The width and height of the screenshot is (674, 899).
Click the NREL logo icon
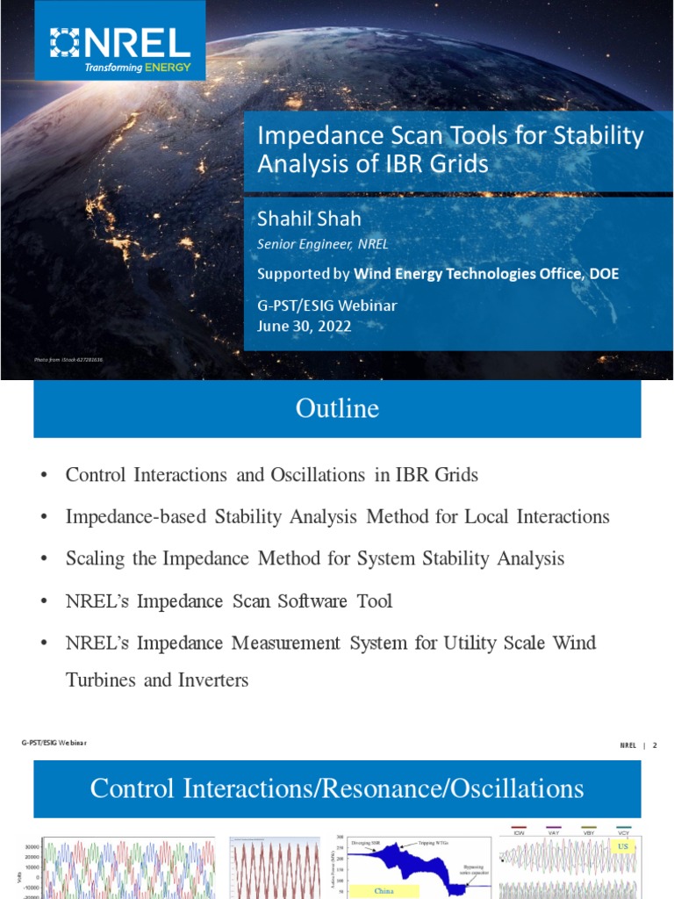(66, 42)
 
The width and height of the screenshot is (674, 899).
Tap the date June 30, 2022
(303, 326)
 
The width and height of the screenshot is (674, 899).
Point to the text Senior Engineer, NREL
(322, 245)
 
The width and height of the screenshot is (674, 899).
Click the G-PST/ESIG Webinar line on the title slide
(326, 306)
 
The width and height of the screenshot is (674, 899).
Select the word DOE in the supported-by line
(603, 274)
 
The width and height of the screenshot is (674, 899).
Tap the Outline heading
(337, 408)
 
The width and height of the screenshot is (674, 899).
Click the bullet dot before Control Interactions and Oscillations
(43, 476)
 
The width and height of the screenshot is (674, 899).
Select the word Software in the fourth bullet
(301, 601)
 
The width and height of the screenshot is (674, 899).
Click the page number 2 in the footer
(654, 745)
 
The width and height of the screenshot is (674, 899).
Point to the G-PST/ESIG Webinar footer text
(54, 744)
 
